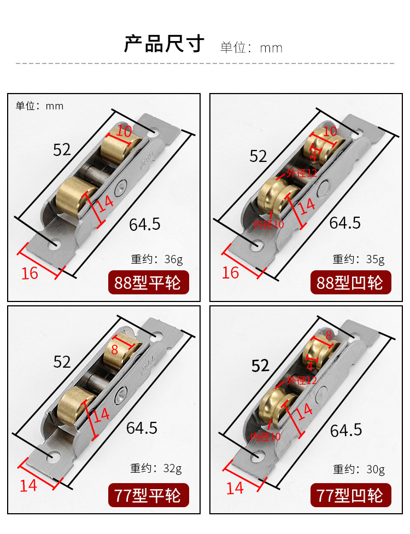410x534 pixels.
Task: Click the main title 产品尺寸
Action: click(x=163, y=44)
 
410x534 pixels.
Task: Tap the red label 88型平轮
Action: click(x=148, y=282)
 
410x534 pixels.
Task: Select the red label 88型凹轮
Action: click(x=350, y=282)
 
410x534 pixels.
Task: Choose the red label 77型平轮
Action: click(x=148, y=495)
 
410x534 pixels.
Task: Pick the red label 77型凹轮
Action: click(x=350, y=495)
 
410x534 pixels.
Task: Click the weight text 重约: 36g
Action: click(x=157, y=259)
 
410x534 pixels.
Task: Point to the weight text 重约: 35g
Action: click(x=359, y=259)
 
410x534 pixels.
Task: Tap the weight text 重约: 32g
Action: click(x=156, y=468)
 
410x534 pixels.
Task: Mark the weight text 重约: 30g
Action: click(x=359, y=469)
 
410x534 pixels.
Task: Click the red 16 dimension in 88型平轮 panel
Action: click(x=30, y=274)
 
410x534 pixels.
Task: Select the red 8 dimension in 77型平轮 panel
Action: click(x=115, y=350)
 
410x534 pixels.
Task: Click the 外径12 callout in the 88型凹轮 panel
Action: click(x=301, y=173)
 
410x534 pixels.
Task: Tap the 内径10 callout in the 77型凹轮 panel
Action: click(x=265, y=437)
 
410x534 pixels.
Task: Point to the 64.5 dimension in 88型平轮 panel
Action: click(x=145, y=224)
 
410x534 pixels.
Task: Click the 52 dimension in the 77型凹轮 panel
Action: click(x=260, y=366)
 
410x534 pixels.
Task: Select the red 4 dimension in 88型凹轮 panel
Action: click(x=313, y=156)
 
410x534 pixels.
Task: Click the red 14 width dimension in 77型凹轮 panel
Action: click(x=235, y=488)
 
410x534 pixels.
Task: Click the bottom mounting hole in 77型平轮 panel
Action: click(x=54, y=455)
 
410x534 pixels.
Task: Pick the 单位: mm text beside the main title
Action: click(x=251, y=48)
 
